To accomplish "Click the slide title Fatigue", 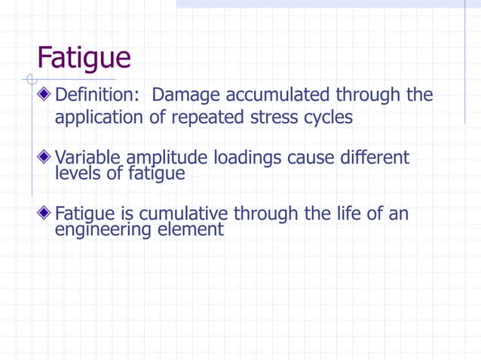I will pyautogui.click(x=84, y=58).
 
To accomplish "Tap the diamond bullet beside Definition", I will pyautogui.click(x=46, y=96).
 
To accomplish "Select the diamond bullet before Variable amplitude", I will pyautogui.click(x=46, y=157).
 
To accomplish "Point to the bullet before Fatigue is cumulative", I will pyautogui.click(x=46, y=214).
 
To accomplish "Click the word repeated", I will pyautogui.click(x=205, y=118).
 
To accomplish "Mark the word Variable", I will pyautogui.click(x=88, y=158).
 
